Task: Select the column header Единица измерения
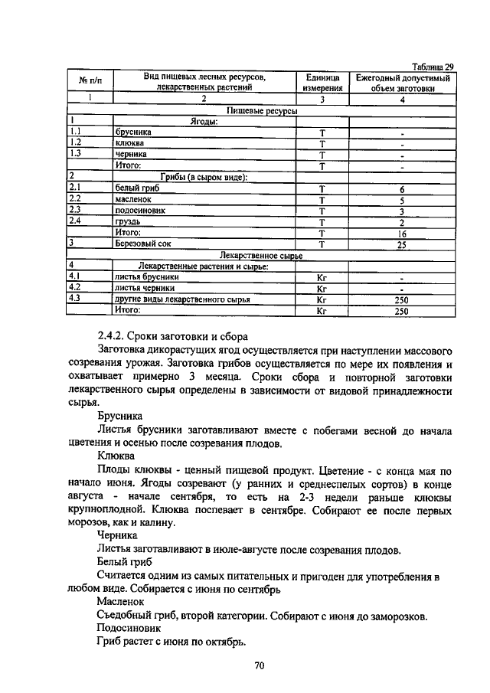pos(322,83)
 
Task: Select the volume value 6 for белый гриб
pos(402,188)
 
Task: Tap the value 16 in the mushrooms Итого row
pos(402,233)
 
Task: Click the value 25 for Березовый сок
pos(402,244)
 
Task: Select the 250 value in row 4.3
pos(402,300)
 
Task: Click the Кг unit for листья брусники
pos(322,278)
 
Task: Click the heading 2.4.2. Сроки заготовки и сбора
pos(172,336)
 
